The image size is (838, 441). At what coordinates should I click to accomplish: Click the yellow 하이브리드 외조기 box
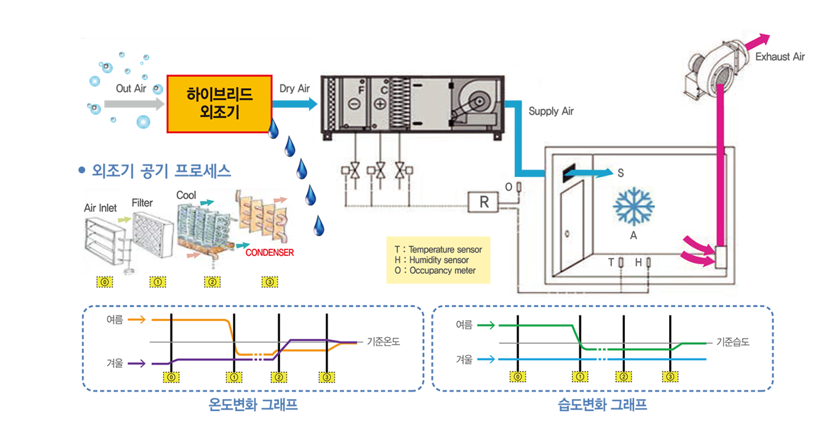tap(219, 104)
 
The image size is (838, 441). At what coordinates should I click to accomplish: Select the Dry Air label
tap(295, 89)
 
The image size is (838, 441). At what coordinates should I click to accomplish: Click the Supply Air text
tap(551, 111)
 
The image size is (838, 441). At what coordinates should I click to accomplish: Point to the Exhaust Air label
tap(780, 57)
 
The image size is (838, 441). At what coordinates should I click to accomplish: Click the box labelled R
tap(484, 202)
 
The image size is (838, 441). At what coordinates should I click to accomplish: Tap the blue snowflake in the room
tap(634, 206)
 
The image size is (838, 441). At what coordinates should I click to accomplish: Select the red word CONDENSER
tap(270, 253)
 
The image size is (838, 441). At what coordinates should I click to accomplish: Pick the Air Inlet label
tap(100, 208)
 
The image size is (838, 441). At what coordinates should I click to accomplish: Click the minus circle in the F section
tap(354, 104)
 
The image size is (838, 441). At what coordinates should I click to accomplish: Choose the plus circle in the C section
tap(380, 104)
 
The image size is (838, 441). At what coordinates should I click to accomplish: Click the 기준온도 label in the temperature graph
tap(383, 342)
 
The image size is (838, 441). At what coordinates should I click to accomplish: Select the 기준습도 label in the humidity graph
tap(732, 342)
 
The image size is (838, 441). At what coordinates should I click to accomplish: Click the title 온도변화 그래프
tap(253, 405)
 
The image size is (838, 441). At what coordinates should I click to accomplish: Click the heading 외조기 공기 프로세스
tap(161, 170)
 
